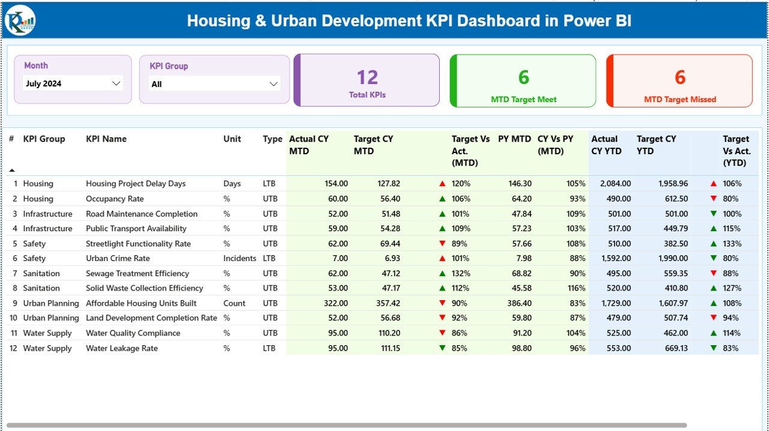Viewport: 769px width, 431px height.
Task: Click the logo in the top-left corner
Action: [x=20, y=21]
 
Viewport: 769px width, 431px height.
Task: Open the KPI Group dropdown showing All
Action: [x=214, y=84]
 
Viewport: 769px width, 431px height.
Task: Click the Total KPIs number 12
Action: [x=367, y=77]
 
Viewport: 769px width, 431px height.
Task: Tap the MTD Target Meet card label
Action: [x=523, y=100]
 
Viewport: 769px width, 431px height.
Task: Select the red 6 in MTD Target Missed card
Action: [x=679, y=77]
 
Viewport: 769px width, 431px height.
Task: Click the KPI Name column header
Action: [x=106, y=139]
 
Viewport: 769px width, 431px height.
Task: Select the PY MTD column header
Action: [x=514, y=139]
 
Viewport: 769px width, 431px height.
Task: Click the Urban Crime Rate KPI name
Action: [x=118, y=258]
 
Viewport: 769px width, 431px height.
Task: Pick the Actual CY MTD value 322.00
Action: [x=334, y=303]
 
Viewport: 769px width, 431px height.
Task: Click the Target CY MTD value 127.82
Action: [x=386, y=184]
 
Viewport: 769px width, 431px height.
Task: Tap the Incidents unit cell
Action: [x=239, y=258]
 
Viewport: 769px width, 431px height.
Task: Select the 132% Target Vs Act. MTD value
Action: [x=461, y=274]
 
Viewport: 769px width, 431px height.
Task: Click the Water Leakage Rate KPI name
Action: [x=122, y=348]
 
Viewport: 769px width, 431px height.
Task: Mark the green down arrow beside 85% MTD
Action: [x=442, y=348]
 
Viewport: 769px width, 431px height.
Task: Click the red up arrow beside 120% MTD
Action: [x=442, y=184]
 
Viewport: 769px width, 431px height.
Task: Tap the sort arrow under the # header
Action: [x=11, y=170]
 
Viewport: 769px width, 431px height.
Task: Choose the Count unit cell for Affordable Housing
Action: [x=234, y=303]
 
